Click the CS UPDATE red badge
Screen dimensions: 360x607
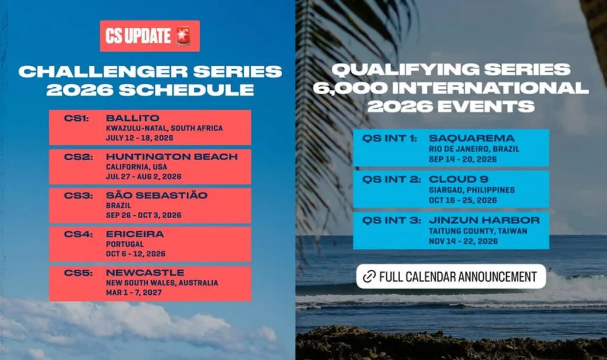149,36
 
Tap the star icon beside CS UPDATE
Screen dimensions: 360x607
183,36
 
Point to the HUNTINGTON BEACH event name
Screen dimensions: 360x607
172,157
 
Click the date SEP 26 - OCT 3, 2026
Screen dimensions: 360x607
143,215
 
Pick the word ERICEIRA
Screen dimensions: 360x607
135,234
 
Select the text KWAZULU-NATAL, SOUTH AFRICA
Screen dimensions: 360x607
164,128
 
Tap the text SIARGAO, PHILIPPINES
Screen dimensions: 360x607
472,190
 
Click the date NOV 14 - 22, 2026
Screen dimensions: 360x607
463,241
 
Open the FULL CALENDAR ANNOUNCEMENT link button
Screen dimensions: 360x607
451,276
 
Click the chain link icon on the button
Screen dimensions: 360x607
369,276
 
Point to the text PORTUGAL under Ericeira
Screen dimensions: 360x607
124,244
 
